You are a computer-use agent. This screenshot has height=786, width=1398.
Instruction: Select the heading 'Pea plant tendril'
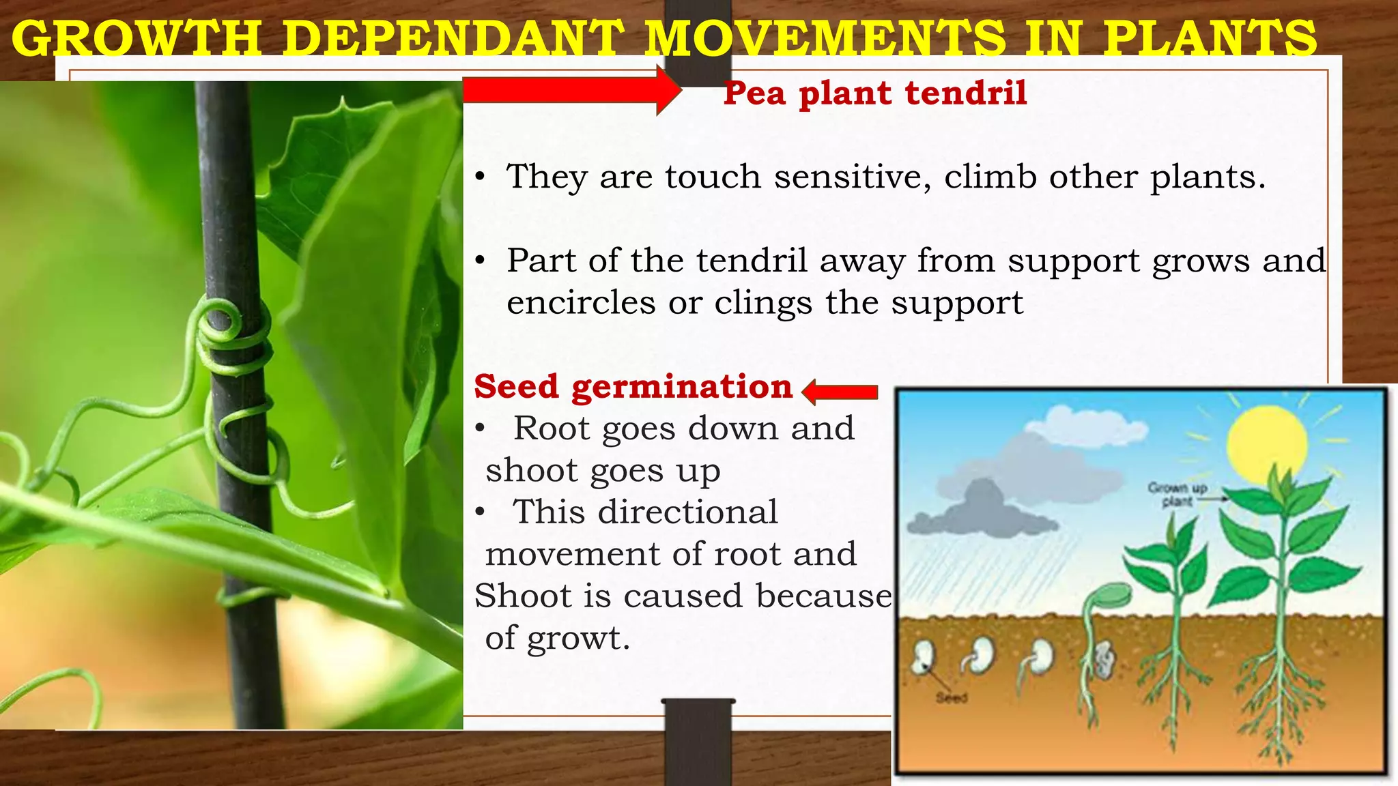point(875,93)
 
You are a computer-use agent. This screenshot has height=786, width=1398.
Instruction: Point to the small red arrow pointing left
point(840,392)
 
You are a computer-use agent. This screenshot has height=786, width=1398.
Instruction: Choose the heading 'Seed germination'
point(633,386)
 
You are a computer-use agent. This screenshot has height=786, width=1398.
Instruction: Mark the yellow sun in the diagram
point(1266,443)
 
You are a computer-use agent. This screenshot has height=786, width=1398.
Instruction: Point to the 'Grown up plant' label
point(1178,494)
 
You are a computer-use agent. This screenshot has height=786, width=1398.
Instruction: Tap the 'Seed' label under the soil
point(952,697)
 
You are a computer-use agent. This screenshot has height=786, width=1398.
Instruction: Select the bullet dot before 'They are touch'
point(481,177)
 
